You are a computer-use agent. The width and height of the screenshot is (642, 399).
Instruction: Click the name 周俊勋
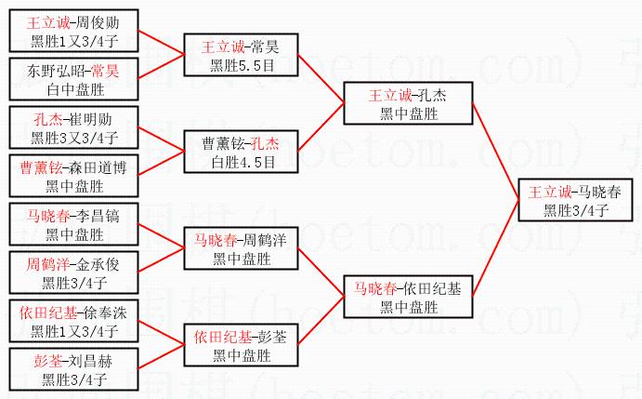[98, 22]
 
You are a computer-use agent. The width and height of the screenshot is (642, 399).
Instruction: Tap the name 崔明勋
[90, 119]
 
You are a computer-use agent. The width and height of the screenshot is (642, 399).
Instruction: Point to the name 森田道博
[98, 167]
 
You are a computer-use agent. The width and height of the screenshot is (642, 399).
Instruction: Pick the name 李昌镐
[98, 216]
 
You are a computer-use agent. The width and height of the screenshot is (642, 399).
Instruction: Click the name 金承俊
[98, 264]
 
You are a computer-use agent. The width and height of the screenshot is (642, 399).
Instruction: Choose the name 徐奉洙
[105, 313]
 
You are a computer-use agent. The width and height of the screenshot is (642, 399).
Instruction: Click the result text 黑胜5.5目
[242, 66]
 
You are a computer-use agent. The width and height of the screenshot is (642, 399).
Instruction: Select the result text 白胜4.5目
[242, 163]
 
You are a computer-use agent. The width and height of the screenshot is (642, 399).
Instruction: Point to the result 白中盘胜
[75, 90]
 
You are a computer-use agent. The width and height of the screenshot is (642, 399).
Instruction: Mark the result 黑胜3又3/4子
[74, 139]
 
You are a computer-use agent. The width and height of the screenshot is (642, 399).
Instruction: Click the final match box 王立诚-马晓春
[575, 200]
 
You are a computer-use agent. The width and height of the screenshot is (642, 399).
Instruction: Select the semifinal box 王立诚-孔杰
[408, 103]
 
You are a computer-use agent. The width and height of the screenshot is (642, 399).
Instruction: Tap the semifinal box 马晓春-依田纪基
[408, 297]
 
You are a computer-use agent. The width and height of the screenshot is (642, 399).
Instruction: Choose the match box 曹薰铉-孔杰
[242, 152]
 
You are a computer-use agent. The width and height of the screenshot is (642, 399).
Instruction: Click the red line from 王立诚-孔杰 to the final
[495, 152]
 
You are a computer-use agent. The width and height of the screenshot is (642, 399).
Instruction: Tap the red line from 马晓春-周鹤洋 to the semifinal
[321, 273]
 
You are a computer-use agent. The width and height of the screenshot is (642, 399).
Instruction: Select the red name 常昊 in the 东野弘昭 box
[105, 71]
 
